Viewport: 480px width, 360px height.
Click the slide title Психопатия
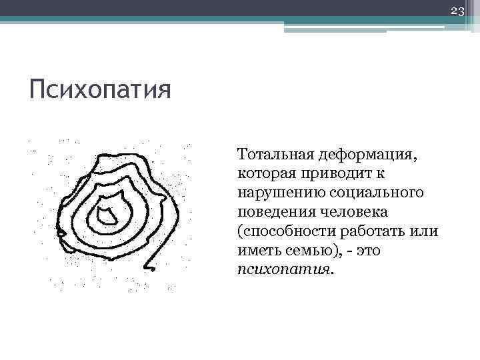[x=99, y=89]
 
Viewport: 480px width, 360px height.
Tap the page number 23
[x=457, y=11]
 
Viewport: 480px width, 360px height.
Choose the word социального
[x=374, y=193]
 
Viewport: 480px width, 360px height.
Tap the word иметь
[x=255, y=251]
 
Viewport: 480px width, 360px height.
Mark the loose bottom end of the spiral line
[x=152, y=269]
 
